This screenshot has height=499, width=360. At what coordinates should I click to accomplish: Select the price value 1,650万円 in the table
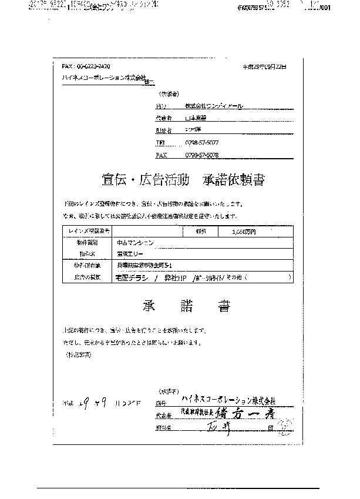point(230,232)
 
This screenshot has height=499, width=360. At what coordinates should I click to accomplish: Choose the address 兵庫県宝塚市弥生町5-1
point(147,265)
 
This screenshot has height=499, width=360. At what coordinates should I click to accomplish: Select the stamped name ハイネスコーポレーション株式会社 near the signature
point(226,401)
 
